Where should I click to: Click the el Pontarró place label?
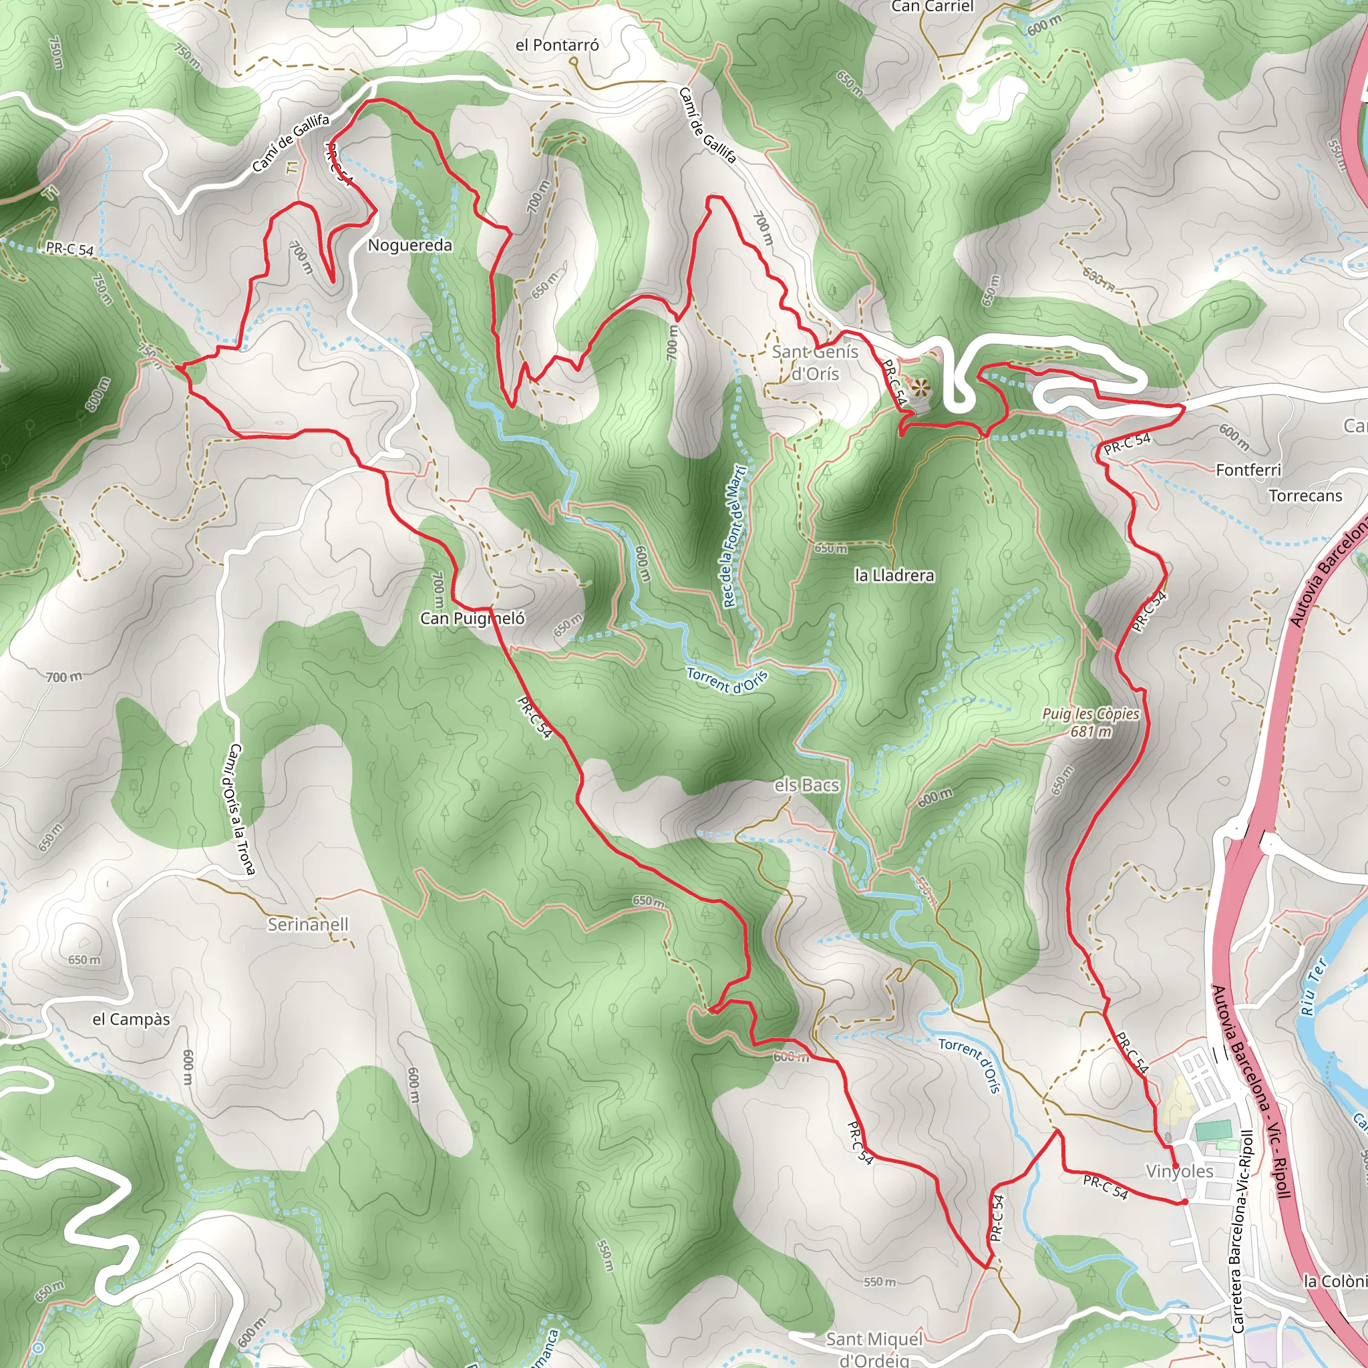(x=557, y=45)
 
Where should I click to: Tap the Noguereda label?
(x=410, y=245)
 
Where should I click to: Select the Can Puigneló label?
(x=472, y=618)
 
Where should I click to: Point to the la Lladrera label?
(x=894, y=575)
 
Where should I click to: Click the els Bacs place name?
(x=806, y=786)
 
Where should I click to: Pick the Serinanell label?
(x=308, y=924)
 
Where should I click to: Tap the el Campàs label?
(x=132, y=1019)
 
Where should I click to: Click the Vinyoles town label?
(x=1180, y=1171)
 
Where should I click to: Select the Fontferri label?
(x=1248, y=470)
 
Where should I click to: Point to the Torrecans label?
(x=1305, y=496)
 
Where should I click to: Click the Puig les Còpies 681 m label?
(x=1090, y=722)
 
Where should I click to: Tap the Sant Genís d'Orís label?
(x=814, y=363)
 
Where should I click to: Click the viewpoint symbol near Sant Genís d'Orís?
(x=920, y=387)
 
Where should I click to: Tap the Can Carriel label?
(x=932, y=7)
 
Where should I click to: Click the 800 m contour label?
(x=98, y=393)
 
